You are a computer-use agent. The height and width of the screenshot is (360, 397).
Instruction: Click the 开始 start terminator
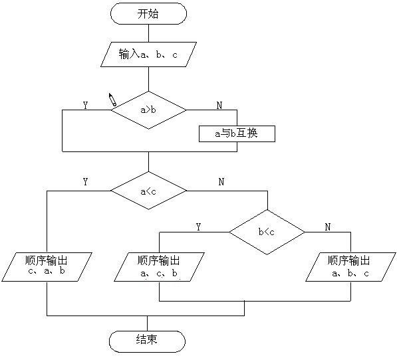(x=148, y=14)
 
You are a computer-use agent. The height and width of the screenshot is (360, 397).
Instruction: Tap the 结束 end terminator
(x=147, y=341)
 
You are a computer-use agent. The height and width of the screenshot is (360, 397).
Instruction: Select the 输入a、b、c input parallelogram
(x=148, y=54)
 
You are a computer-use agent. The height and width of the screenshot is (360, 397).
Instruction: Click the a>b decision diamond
(x=148, y=110)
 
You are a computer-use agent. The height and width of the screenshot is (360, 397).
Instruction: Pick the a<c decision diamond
(x=148, y=191)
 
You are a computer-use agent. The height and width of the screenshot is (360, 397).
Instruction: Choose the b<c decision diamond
(x=267, y=232)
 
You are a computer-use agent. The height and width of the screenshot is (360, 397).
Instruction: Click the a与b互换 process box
(x=237, y=134)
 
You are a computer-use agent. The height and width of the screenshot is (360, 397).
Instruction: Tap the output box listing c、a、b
(x=47, y=267)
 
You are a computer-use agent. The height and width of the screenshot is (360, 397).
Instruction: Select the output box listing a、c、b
(x=159, y=267)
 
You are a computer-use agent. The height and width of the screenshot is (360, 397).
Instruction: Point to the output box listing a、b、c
(x=350, y=267)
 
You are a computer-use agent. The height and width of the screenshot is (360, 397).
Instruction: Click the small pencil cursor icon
(x=112, y=100)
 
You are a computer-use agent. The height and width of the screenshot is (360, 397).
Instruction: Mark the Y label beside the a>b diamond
(x=86, y=105)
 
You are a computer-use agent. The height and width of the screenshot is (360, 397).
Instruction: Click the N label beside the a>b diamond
(x=219, y=105)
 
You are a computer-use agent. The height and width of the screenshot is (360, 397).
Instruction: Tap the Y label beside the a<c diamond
(x=86, y=182)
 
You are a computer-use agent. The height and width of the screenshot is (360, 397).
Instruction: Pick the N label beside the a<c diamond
(x=221, y=182)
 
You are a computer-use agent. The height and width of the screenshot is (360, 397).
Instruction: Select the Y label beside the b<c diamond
(x=198, y=227)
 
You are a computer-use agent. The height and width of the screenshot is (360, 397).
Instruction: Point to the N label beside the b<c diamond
(x=328, y=227)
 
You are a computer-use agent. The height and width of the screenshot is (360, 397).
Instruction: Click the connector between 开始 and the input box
(x=148, y=33)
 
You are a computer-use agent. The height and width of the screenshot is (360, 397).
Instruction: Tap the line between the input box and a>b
(x=148, y=79)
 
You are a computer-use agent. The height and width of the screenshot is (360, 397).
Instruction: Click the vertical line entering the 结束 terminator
(x=147, y=323)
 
